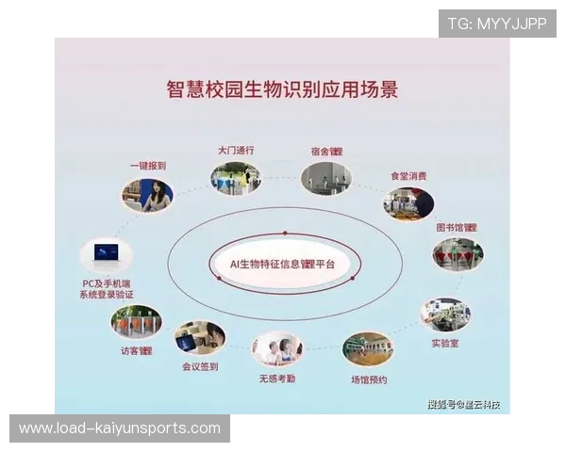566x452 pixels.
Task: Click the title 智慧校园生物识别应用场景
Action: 282,90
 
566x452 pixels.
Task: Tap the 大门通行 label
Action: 236,150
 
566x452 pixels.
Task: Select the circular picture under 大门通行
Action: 236,178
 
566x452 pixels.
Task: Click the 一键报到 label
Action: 148,166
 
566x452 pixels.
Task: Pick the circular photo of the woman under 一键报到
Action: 148,196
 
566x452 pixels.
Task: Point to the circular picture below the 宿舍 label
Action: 325,178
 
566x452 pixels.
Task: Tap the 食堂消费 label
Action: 408,176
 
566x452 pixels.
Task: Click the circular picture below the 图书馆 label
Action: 458,254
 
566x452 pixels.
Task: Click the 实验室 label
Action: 445,344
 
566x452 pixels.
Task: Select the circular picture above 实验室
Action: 445,315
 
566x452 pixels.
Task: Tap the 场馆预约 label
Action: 368,379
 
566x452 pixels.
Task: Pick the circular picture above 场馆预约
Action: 368,349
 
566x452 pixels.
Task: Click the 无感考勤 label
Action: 277,379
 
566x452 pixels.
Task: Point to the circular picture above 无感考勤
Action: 277,348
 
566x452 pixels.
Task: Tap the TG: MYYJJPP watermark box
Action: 497,24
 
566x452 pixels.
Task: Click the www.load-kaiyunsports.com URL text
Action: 120,428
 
